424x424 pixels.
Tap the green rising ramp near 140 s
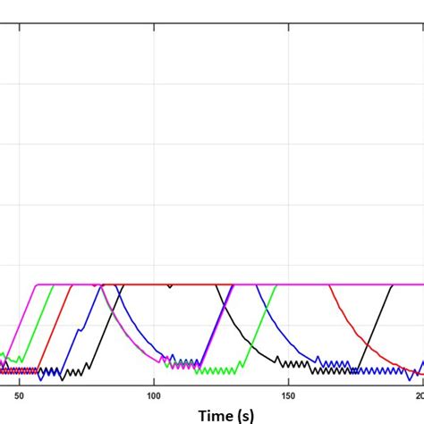click(263, 322)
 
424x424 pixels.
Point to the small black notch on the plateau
click(170, 287)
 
